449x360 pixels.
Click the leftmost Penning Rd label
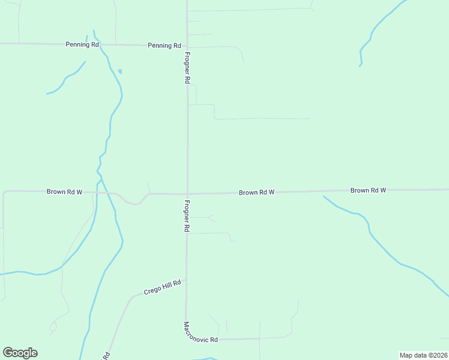(x=82, y=44)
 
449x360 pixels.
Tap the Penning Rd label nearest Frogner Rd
(x=164, y=46)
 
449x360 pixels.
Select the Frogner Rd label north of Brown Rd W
(x=188, y=67)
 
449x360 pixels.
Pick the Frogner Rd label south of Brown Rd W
(x=187, y=216)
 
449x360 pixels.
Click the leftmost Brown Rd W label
(x=64, y=192)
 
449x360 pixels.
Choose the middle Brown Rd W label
(x=256, y=193)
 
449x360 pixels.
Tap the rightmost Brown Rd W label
(x=368, y=190)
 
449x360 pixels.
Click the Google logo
(x=20, y=353)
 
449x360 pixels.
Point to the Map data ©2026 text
(x=423, y=355)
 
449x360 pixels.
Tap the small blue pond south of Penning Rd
(x=120, y=71)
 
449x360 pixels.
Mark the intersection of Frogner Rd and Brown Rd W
(x=187, y=193)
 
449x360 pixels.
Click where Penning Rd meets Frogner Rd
(x=187, y=46)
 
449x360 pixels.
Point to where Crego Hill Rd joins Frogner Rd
(x=187, y=281)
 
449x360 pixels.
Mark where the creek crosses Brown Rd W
(x=106, y=193)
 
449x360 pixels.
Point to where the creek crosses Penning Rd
(x=97, y=44)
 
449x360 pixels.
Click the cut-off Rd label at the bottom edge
(x=107, y=355)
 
